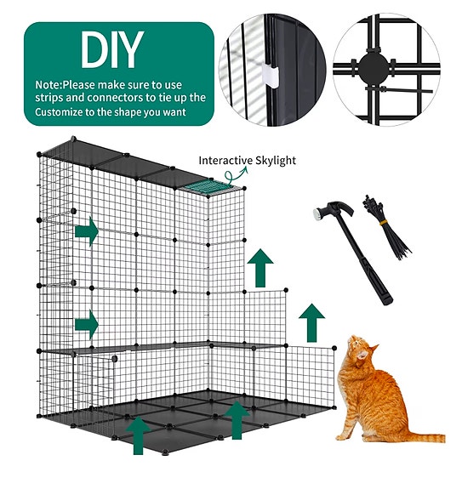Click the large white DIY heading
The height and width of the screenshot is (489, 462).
pyautogui.click(x=112, y=49)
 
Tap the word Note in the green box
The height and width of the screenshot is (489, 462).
pyautogui.click(x=48, y=85)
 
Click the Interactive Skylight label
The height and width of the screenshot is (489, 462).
pyautogui.click(x=247, y=160)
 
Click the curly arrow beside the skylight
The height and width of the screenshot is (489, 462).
pyautogui.click(x=236, y=175)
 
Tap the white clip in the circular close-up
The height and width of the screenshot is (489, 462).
pyautogui.click(x=270, y=76)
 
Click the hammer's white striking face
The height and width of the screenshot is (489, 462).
pyautogui.click(x=317, y=213)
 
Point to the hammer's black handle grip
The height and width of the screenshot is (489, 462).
pyautogui.click(x=380, y=287)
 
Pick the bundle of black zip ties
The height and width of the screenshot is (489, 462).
pyautogui.click(x=386, y=227)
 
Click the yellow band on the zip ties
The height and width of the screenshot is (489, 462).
pyautogui.click(x=383, y=222)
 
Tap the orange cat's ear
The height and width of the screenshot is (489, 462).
pyautogui.click(x=374, y=348)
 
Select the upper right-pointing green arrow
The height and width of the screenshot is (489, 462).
pyautogui.click(x=87, y=231)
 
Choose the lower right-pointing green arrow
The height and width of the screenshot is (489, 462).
pyautogui.click(x=87, y=325)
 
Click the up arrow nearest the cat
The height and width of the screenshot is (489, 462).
pyautogui.click(x=311, y=323)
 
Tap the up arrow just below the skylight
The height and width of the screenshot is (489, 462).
pyautogui.click(x=260, y=268)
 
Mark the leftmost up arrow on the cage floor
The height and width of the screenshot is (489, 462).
pyautogui.click(x=138, y=435)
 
